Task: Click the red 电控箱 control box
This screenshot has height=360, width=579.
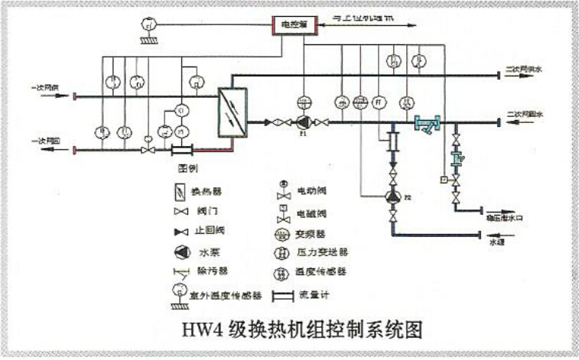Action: point(294,25)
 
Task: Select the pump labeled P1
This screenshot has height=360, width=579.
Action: point(303,122)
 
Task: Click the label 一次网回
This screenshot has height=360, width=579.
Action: point(44,141)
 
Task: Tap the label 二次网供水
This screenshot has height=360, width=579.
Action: point(523,70)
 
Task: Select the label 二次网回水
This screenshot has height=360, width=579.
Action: point(523,115)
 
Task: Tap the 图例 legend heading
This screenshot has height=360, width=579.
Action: point(188,167)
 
